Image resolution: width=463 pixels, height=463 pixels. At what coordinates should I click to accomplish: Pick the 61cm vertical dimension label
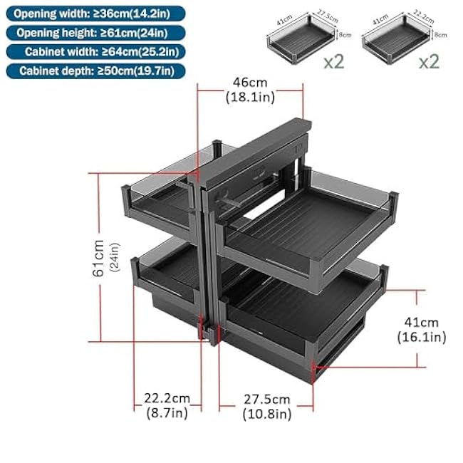(105, 257)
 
